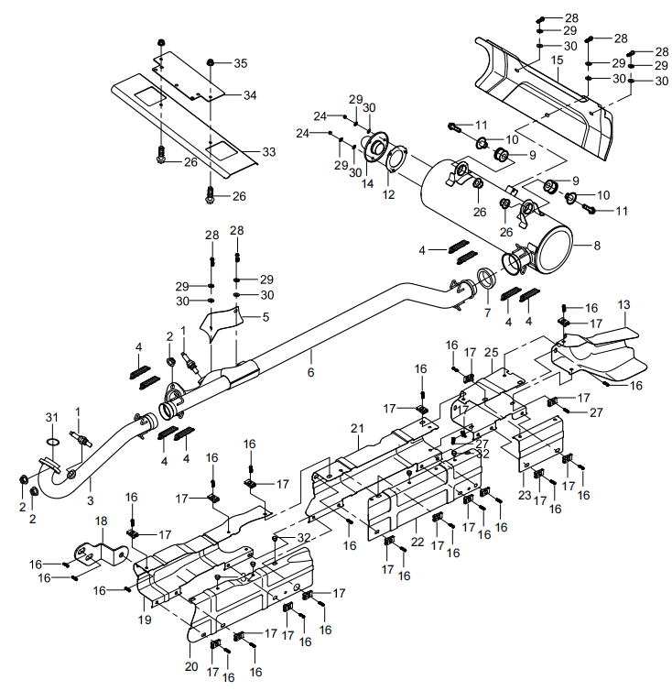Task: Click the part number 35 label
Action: tap(240, 63)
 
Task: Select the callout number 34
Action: tap(250, 95)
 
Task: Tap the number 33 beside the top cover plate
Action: tap(268, 152)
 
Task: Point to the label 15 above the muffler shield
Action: tap(557, 60)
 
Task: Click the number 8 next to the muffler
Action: tap(597, 246)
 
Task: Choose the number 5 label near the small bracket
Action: tap(266, 317)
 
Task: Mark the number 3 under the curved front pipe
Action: tap(90, 499)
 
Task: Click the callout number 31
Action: tap(52, 419)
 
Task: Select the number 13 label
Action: tap(623, 304)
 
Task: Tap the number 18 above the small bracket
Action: tap(101, 521)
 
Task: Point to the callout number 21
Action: tap(356, 428)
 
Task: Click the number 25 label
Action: tap(491, 353)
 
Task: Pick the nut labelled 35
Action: tap(211, 63)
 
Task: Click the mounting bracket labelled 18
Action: tap(94, 554)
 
